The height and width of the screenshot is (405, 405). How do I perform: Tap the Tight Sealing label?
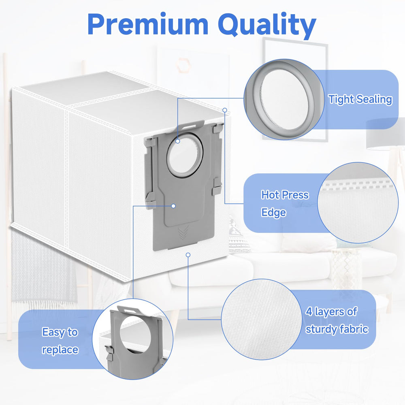tap(360, 100)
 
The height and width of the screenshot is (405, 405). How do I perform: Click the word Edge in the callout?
tap(273, 213)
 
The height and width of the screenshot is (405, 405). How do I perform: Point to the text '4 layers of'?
tap(331, 312)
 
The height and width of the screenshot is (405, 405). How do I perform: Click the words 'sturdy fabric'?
tap(337, 329)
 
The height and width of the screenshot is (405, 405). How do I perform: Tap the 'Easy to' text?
tap(60, 332)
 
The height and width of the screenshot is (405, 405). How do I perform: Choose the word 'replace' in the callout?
tap(60, 350)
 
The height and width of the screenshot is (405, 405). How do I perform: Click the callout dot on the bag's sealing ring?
tap(178, 141)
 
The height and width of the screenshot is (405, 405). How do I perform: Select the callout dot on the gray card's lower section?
tap(174, 206)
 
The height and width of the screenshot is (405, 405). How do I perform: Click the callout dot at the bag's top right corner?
tap(225, 110)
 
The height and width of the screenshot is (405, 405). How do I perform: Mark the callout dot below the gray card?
tap(188, 255)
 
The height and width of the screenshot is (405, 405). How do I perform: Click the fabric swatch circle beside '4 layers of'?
tap(261, 319)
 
